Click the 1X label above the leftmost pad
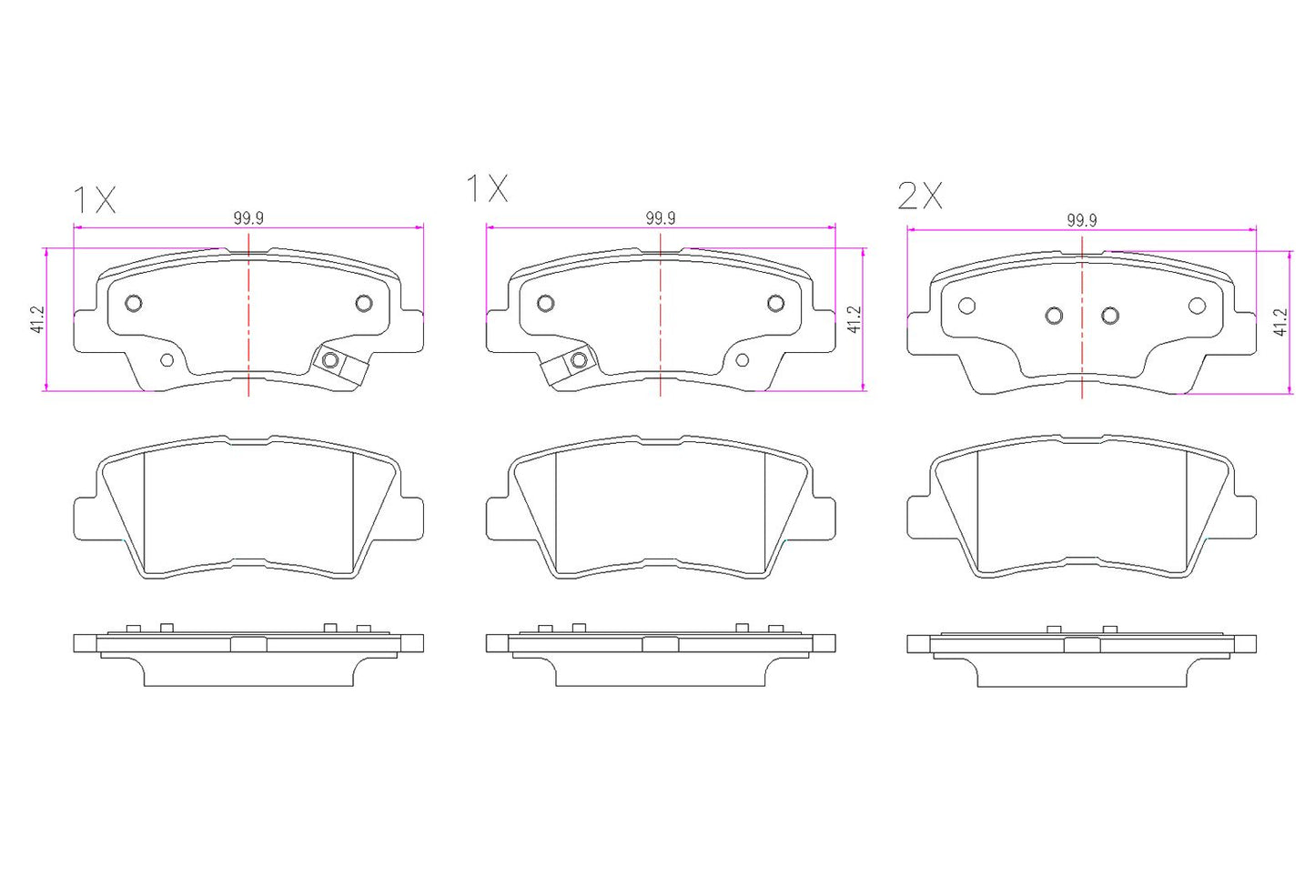(x=94, y=199)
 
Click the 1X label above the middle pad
(x=487, y=188)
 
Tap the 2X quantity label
(x=920, y=196)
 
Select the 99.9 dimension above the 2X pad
(x=1081, y=220)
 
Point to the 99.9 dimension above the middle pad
(x=661, y=218)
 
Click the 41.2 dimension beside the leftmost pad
(x=37, y=319)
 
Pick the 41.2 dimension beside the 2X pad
(x=1280, y=323)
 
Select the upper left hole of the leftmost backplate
(x=134, y=303)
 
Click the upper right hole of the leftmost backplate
(x=364, y=303)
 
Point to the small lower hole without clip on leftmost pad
(x=167, y=360)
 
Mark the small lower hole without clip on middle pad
(x=742, y=360)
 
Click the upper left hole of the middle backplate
(x=546, y=303)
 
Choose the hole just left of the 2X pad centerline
(x=1054, y=316)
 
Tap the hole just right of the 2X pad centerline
(x=1109, y=316)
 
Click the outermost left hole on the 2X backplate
(x=967, y=306)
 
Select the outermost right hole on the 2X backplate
(x=1197, y=306)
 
